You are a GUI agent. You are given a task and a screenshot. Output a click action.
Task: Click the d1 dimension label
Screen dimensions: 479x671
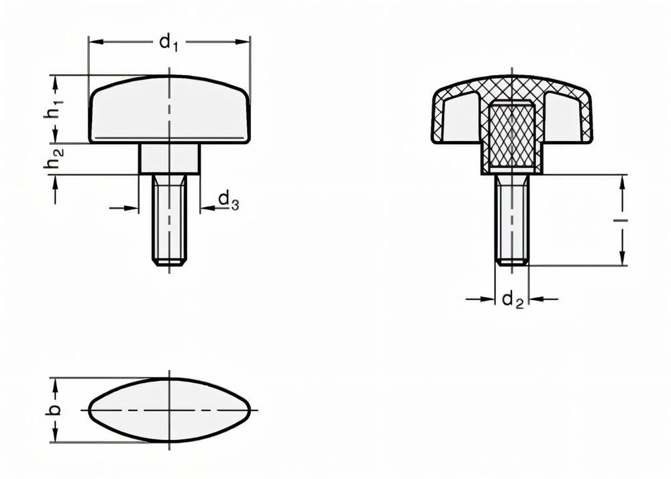click(x=169, y=44)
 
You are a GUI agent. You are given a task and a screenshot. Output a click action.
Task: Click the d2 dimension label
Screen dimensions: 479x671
click(x=512, y=300)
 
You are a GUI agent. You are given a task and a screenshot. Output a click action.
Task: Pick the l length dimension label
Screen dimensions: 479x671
click(x=623, y=220)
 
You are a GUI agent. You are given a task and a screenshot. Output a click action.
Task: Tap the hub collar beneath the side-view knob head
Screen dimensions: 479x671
click(x=169, y=159)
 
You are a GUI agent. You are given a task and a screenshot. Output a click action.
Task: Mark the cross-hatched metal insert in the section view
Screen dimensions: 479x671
click(x=512, y=134)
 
